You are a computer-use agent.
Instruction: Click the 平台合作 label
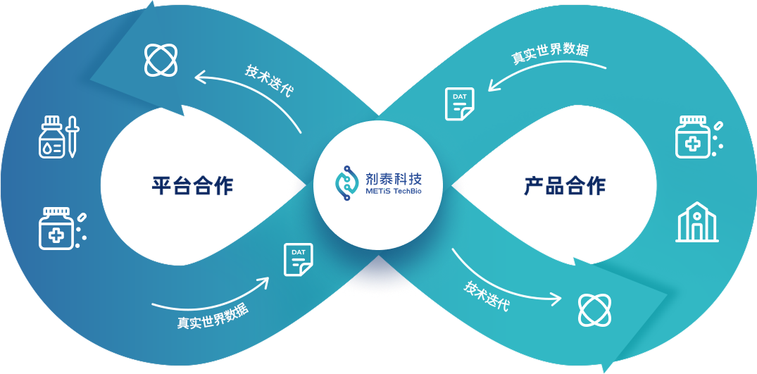(x=192, y=186)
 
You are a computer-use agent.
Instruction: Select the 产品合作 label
(x=564, y=186)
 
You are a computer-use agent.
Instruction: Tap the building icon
(x=697, y=222)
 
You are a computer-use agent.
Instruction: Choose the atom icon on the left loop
(x=161, y=59)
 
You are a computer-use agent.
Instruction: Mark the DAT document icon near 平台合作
(x=298, y=259)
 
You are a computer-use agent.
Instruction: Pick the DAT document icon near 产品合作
(x=459, y=104)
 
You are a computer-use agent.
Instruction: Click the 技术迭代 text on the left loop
(x=269, y=82)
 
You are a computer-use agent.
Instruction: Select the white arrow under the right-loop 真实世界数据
(x=546, y=73)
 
